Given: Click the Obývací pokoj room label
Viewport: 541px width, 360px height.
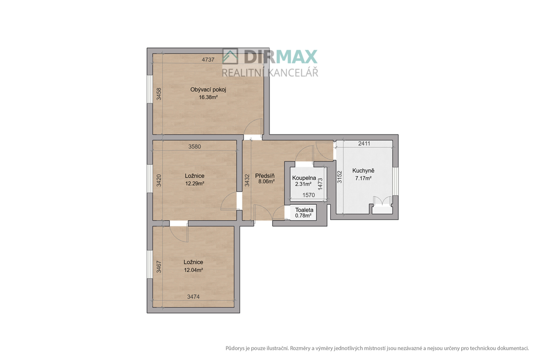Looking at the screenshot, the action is click(x=208, y=90).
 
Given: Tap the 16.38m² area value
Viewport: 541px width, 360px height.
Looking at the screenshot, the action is click(x=208, y=97).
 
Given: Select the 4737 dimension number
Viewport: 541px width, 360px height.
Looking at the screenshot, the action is click(x=208, y=60).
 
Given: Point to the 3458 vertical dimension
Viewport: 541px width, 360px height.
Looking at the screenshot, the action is click(x=158, y=94).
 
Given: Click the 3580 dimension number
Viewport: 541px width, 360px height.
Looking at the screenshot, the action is click(x=194, y=147).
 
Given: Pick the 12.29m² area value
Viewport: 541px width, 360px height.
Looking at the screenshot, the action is click(x=194, y=184).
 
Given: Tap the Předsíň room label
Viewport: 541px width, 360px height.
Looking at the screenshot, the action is click(x=265, y=176).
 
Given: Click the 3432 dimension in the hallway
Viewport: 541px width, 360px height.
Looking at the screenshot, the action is click(x=247, y=181).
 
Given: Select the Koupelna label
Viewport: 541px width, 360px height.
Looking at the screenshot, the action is click(x=304, y=178).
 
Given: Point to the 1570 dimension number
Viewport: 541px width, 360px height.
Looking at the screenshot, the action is click(x=309, y=195).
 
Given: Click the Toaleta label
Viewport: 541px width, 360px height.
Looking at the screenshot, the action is click(x=304, y=210).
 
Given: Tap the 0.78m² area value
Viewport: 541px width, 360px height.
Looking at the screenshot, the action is click(x=303, y=216).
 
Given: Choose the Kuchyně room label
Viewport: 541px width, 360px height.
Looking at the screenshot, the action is click(x=363, y=170).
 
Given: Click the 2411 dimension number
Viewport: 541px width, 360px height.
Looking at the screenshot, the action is click(x=365, y=144).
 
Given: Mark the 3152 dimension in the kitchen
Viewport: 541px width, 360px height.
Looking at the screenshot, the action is click(x=340, y=177).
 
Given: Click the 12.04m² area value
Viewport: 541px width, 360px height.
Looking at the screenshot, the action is click(x=193, y=270).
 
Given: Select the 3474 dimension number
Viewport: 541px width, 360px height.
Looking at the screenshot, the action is click(x=193, y=297).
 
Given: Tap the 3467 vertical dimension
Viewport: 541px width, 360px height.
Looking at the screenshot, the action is click(x=158, y=267).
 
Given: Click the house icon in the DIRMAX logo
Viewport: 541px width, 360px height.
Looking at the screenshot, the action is click(x=230, y=56).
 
